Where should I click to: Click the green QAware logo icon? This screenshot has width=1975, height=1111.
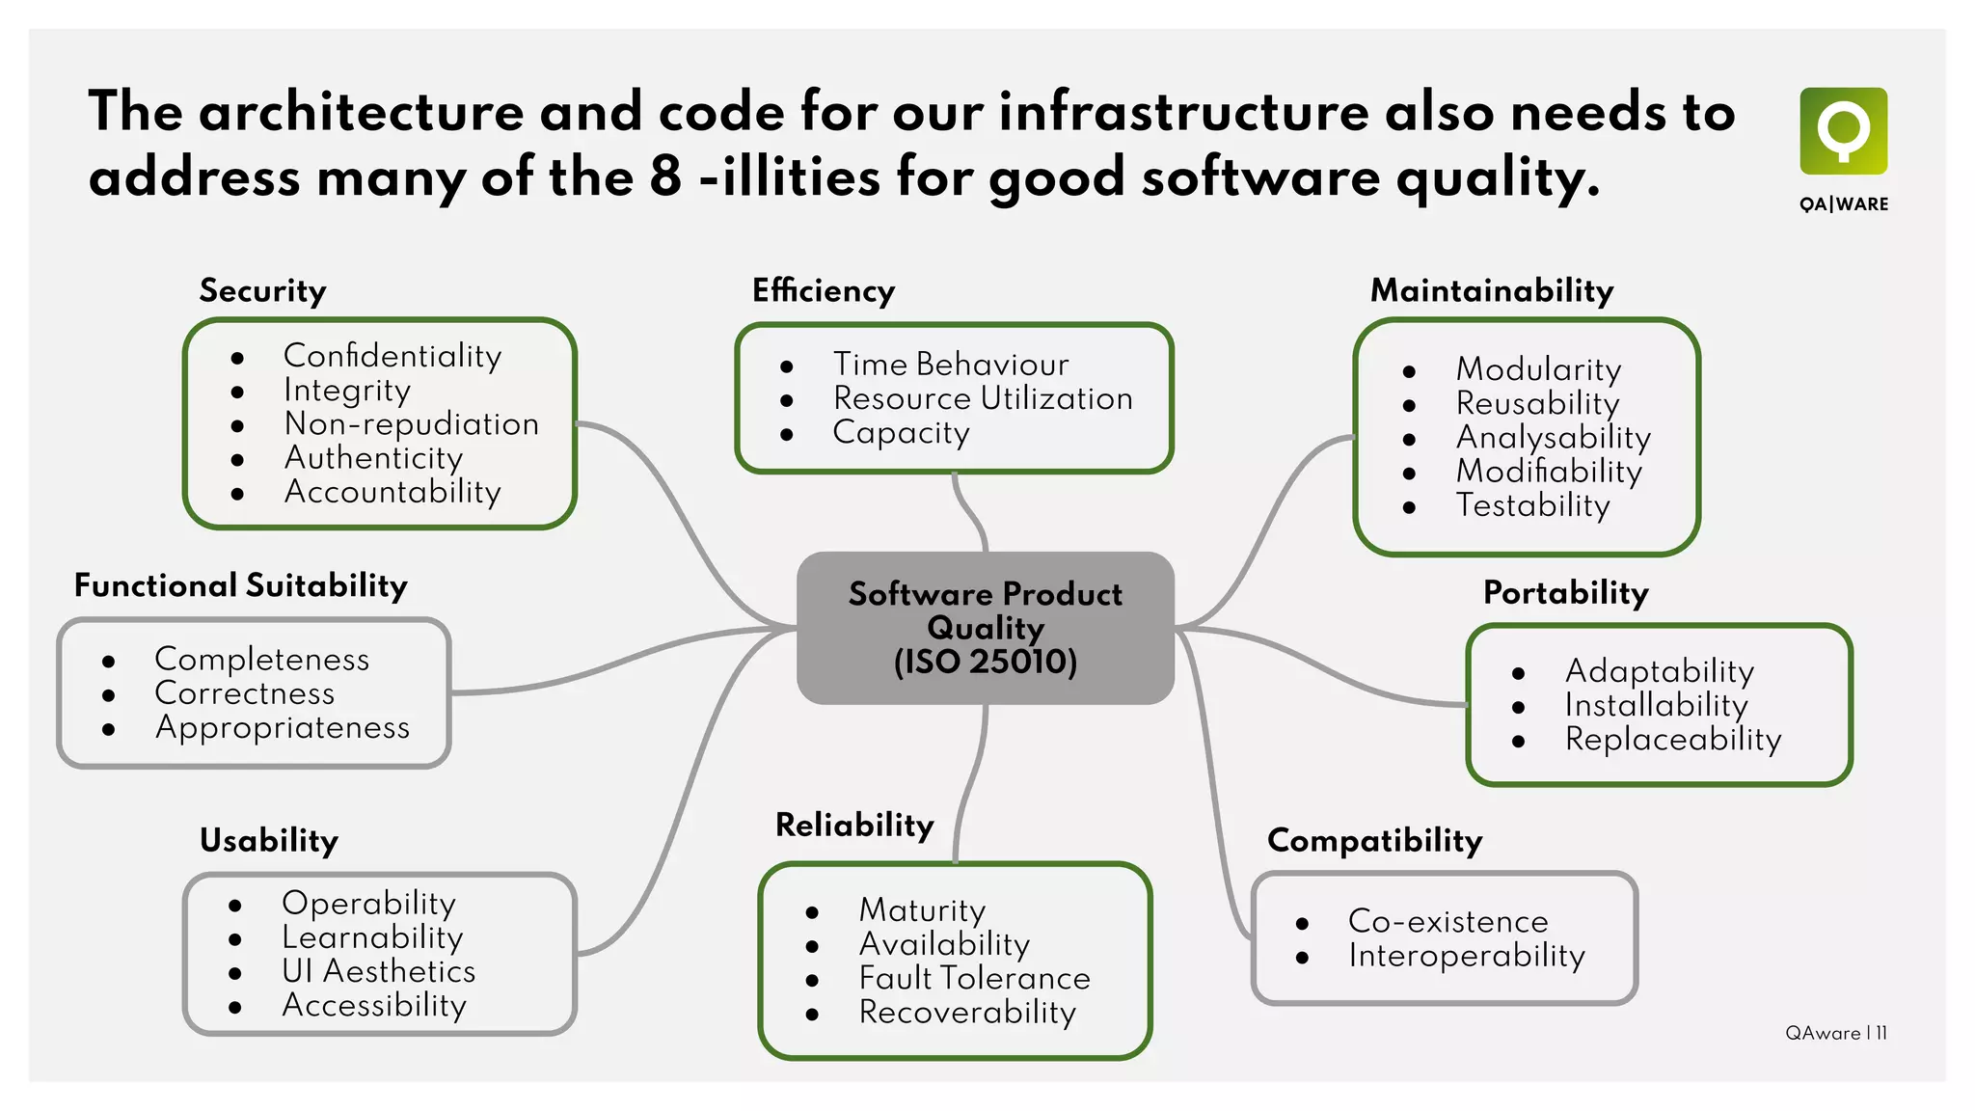1843,131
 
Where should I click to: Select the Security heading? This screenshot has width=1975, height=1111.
262,291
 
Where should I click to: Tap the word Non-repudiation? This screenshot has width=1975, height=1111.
412,424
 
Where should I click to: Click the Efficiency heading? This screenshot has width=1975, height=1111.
824,291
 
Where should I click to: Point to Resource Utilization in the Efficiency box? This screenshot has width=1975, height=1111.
983,398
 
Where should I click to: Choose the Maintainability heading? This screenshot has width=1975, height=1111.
1492,291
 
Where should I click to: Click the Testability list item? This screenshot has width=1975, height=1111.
1532,505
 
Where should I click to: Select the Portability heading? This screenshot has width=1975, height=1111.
1565,593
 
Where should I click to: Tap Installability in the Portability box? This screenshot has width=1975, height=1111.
1656,705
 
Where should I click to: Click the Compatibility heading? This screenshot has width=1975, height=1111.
1374,841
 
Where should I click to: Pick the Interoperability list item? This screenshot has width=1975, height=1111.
1466,956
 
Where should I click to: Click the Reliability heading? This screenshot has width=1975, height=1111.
854,826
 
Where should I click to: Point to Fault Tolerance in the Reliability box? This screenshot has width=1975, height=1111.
974,978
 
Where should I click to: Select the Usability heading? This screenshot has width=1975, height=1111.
269,841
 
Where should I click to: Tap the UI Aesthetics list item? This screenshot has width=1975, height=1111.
378,971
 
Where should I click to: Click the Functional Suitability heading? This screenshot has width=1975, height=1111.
241,586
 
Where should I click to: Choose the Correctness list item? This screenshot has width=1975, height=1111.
244,693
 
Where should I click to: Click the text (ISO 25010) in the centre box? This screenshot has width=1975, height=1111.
985,662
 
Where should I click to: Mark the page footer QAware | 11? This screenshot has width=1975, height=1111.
1835,1033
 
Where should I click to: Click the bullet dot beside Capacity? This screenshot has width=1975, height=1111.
787,435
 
